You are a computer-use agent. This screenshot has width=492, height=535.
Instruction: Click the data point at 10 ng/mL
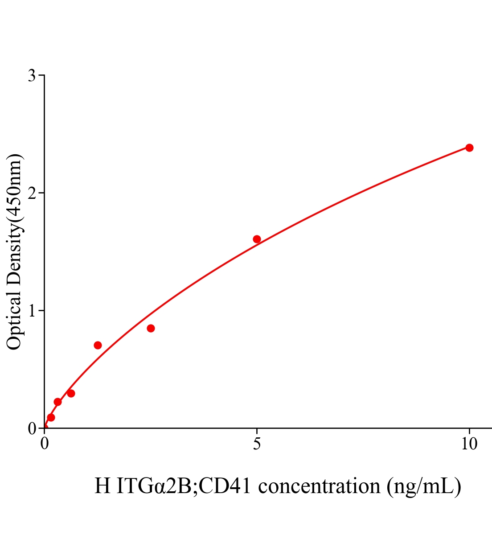click(469, 148)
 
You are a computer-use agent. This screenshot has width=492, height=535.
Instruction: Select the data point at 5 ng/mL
click(257, 239)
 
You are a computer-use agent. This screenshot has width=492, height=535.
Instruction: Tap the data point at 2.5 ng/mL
click(151, 328)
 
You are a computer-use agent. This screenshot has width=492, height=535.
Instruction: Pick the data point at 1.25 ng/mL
click(98, 345)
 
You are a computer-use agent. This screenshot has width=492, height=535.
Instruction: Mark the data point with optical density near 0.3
click(71, 393)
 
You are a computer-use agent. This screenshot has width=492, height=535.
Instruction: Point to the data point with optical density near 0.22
click(57, 402)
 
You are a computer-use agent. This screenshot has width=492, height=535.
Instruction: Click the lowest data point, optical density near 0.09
click(51, 417)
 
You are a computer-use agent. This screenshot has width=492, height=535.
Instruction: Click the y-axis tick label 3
click(32, 76)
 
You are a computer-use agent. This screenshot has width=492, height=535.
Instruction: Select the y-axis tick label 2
click(32, 193)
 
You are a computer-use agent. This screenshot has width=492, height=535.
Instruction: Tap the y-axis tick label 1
click(32, 311)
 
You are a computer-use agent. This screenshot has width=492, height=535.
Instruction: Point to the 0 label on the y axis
click(32, 428)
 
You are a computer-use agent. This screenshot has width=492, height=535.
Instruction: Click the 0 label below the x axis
click(45, 444)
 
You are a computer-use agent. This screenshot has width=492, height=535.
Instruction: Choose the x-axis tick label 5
click(257, 444)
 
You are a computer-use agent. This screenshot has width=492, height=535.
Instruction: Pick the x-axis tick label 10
click(469, 444)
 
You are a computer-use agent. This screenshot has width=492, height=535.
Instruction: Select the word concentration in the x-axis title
click(319, 486)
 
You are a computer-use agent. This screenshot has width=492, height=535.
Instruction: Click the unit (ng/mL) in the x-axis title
click(424, 486)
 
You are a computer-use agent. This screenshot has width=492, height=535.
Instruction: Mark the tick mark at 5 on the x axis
click(257, 431)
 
